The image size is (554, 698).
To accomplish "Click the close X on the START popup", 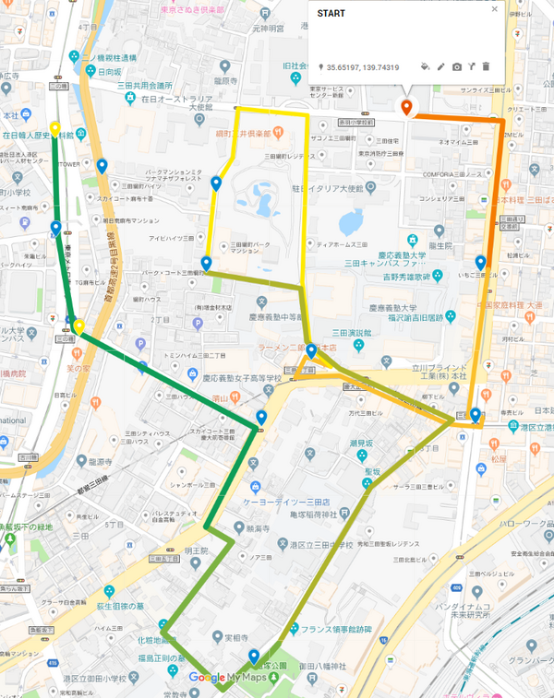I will [x=494, y=10].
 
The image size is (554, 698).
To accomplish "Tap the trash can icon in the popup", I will [x=486, y=67].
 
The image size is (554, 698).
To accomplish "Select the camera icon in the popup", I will [x=456, y=67].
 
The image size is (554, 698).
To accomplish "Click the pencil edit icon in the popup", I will [x=440, y=67].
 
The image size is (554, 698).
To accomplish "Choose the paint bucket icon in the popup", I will [x=425, y=67].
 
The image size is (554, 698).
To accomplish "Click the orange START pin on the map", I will [x=405, y=108].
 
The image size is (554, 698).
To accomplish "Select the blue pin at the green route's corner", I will [x=261, y=418].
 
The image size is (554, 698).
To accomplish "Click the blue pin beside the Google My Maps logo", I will [x=253, y=656].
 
